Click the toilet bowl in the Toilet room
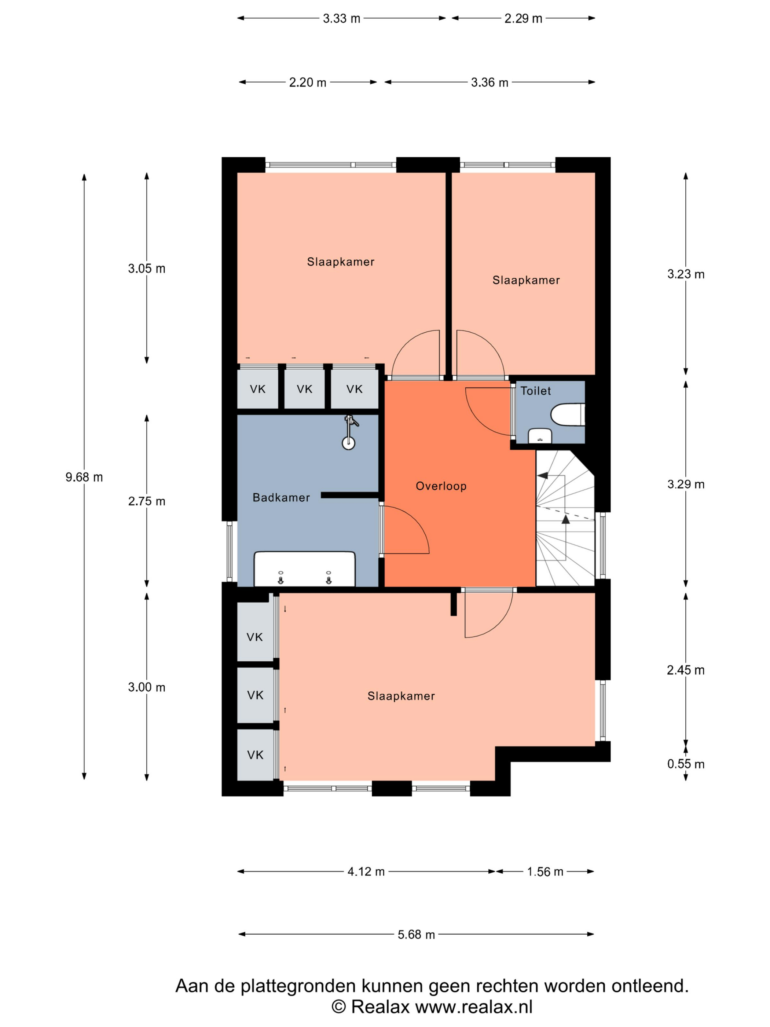point(567,414)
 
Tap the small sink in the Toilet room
point(540,436)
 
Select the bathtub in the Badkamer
point(304,569)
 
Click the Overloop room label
point(440,486)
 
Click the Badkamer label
point(281,498)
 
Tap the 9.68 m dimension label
point(84,477)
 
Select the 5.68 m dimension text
point(416,935)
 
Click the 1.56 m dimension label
point(545,872)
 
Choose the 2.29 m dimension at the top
point(523,19)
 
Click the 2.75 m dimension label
point(147,501)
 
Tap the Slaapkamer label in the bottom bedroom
point(401,696)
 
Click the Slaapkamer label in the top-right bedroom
point(526,281)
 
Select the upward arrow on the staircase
point(565,519)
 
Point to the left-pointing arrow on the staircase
point(542,476)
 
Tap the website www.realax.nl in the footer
point(473,1007)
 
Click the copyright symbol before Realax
point(339,1007)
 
